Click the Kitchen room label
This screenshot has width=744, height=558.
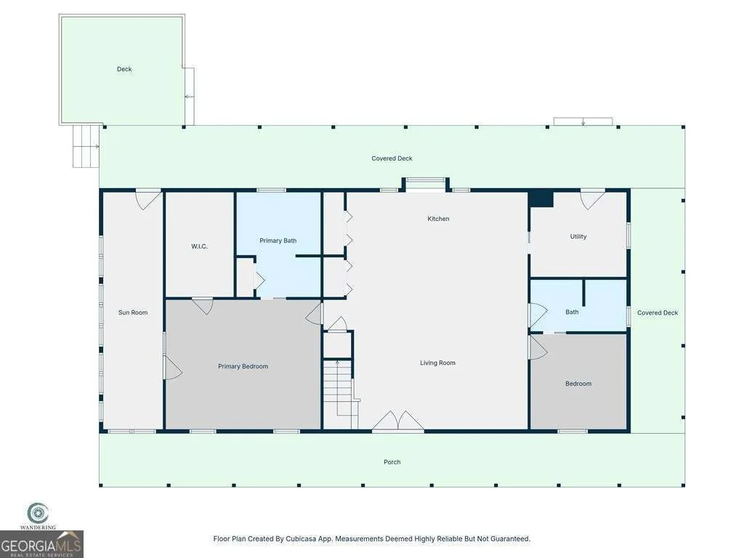point(438,219)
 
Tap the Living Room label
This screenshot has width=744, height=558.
point(437,363)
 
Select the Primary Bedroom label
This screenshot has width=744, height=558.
point(243,366)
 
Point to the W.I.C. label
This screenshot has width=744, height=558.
point(199,246)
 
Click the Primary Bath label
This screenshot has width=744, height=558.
point(278,240)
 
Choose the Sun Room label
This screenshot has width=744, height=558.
point(133,312)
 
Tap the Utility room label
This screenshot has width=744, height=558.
point(578,236)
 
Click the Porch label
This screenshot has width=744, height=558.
point(392,461)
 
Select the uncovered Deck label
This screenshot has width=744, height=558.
point(124,69)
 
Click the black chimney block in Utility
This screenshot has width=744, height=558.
point(541,198)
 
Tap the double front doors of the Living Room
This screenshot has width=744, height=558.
point(397,421)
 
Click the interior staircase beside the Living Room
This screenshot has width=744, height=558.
point(340,387)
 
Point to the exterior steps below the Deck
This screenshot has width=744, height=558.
point(86,146)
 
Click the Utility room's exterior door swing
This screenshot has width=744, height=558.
point(593,199)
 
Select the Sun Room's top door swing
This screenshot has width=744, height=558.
point(148,199)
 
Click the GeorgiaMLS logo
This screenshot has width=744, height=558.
point(41,544)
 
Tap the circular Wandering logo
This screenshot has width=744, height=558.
point(38,514)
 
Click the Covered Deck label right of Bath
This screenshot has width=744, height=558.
point(658,312)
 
